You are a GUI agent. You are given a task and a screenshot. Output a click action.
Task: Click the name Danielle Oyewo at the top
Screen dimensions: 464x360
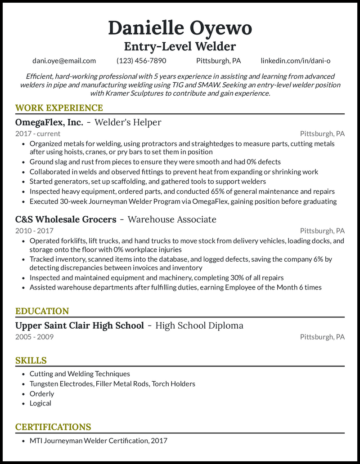click(180, 28)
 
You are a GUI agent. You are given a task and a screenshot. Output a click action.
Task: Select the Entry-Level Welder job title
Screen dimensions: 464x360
click(180, 46)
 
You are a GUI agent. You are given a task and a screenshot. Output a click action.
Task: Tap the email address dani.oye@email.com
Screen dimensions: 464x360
click(64, 61)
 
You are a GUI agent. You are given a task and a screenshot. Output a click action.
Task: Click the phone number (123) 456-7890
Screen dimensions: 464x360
click(141, 61)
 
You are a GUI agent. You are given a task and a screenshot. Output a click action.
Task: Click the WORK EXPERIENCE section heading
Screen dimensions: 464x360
click(59, 108)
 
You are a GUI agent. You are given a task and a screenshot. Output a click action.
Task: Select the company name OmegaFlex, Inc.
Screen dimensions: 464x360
click(49, 122)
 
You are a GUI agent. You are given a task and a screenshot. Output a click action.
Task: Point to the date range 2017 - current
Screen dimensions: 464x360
click(38, 134)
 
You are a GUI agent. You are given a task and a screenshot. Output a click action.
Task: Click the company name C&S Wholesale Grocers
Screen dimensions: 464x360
click(66, 219)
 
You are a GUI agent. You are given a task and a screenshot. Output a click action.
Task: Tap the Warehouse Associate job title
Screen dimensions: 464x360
click(172, 219)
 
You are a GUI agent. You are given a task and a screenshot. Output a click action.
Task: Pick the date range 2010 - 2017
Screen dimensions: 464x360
click(34, 231)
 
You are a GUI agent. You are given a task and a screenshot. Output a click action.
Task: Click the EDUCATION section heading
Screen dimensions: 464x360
click(42, 311)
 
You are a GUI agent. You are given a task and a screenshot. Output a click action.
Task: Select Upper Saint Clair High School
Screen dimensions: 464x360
click(80, 326)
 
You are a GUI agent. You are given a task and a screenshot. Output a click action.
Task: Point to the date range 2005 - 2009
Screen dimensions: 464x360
click(34, 337)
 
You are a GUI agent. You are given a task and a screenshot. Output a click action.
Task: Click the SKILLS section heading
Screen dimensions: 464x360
click(31, 361)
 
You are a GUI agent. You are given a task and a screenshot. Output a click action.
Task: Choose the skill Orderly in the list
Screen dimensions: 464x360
click(42, 393)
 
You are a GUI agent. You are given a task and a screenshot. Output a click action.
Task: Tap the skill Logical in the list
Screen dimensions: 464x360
click(40, 403)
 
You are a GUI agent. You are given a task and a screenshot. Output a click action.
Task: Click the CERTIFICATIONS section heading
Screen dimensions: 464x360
click(53, 427)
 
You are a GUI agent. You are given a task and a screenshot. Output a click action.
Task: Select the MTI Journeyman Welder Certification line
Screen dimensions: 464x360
click(98, 441)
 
